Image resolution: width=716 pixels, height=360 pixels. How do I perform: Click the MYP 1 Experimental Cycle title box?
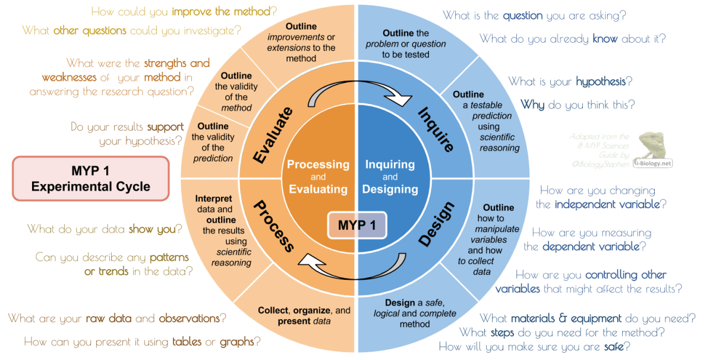[x=91, y=178]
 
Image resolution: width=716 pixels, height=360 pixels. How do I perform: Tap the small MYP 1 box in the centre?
[x=357, y=226]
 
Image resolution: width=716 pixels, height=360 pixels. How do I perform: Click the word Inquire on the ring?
[x=436, y=130]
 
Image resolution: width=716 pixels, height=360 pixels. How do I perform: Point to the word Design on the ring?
[x=436, y=224]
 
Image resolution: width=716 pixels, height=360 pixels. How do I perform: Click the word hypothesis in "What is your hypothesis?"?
[x=600, y=81]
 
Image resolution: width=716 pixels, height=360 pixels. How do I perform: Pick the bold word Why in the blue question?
[x=532, y=105]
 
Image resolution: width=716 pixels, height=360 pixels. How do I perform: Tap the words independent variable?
[x=607, y=204]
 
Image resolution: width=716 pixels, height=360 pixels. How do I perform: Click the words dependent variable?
[x=591, y=246]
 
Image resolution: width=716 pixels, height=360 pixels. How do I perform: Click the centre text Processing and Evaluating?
[x=318, y=177]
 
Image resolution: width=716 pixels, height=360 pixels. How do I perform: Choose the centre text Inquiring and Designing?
[x=390, y=177]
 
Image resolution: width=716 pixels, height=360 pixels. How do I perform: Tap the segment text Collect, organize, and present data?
[x=304, y=316]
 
